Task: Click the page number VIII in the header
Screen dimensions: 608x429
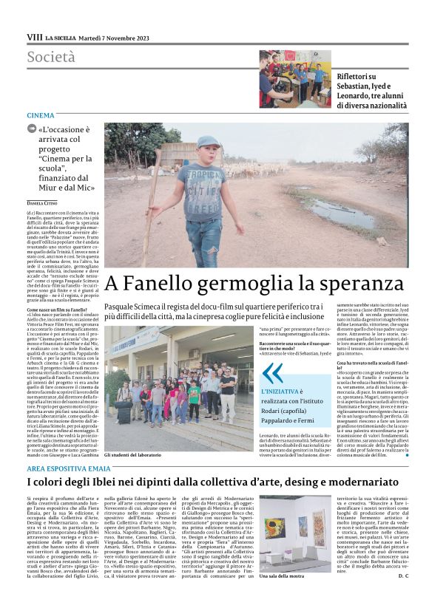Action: [x=34, y=37]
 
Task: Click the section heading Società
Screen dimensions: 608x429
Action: [x=51, y=57]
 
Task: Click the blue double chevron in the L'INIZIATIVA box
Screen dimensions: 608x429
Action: [x=272, y=373]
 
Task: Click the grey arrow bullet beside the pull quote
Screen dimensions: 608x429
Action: [x=31, y=128]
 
